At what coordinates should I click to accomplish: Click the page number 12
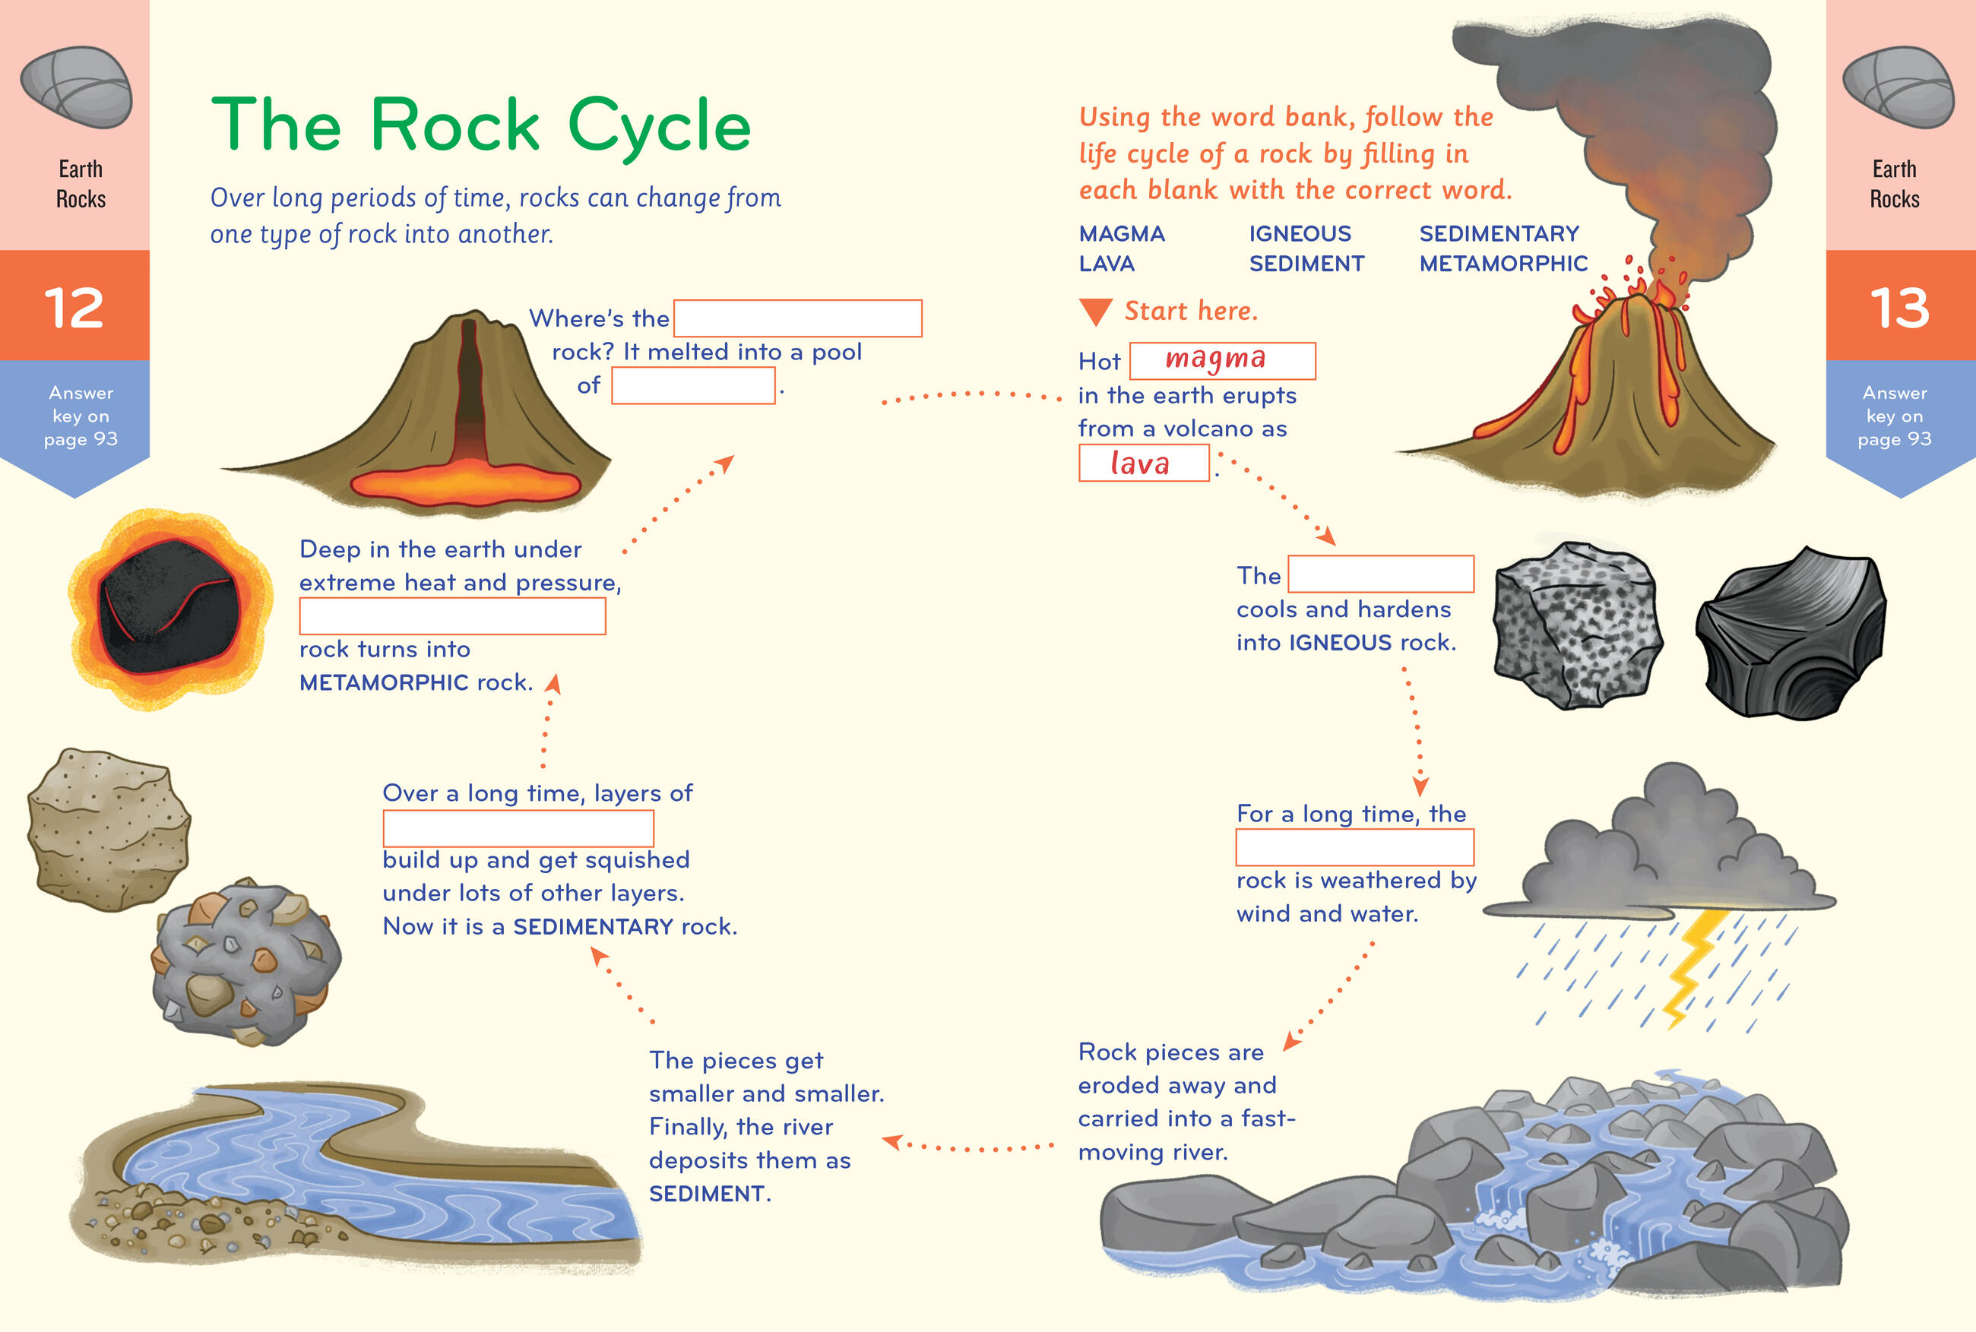[x=74, y=307]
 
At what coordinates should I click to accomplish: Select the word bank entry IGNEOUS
[x=1299, y=233]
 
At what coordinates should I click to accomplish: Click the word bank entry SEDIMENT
[x=1306, y=264]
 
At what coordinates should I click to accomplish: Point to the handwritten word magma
[x=1216, y=359]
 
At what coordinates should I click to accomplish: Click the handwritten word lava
[x=1140, y=464]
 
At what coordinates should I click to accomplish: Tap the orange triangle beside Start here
[x=1095, y=312]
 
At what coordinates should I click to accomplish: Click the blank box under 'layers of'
[x=518, y=828]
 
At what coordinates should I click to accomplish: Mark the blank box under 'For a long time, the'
[x=1354, y=847]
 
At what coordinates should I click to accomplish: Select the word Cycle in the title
[x=658, y=125]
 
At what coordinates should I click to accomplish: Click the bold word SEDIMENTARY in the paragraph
[x=592, y=927]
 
